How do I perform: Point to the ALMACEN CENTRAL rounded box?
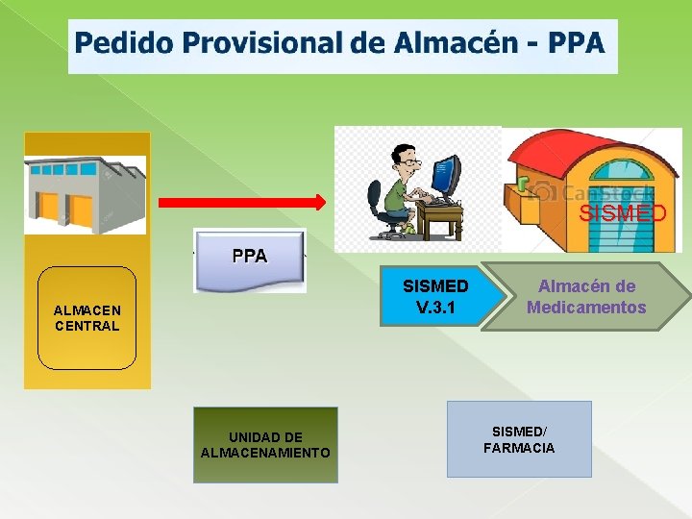[86, 318]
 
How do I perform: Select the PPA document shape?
[250, 259]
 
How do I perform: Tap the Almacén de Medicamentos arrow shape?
[586, 297]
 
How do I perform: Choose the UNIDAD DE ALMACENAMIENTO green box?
[265, 445]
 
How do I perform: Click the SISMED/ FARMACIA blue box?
[519, 439]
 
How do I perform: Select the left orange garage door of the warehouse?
[49, 206]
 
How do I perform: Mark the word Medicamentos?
[586, 308]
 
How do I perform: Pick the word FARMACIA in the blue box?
[519, 448]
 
